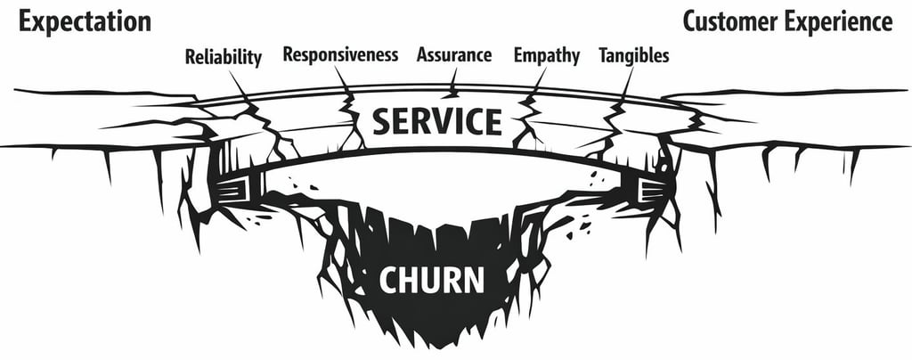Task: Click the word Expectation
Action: pos(85,22)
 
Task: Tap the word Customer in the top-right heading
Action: pos(729,21)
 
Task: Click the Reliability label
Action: pos(224,58)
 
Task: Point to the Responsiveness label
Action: pos(340,55)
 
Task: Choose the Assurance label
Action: pos(454,55)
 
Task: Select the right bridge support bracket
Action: pos(652,188)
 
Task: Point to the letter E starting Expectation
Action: pos(26,21)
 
